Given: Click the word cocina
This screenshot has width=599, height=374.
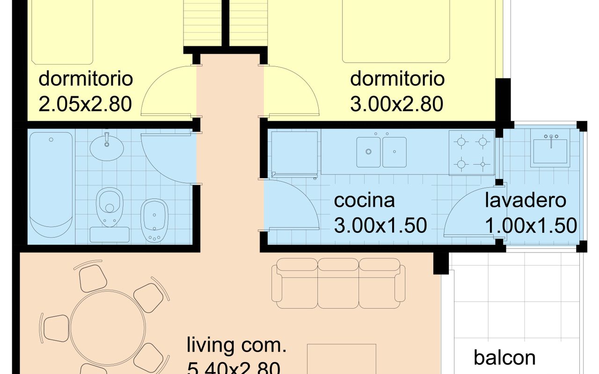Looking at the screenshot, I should (x=364, y=201).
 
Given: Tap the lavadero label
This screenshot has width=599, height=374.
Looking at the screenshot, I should (x=525, y=201).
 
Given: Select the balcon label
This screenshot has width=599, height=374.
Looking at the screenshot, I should (x=504, y=358).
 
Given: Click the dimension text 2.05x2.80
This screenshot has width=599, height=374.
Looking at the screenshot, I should (x=85, y=104).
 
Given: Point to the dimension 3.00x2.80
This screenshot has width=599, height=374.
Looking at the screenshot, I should (x=396, y=104).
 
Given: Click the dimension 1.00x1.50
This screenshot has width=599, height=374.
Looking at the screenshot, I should (x=530, y=226).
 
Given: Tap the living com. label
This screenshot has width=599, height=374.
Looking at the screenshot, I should (x=236, y=346).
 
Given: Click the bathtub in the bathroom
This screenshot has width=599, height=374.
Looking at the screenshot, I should (x=51, y=186).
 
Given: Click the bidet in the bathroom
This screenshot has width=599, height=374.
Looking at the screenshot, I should (x=154, y=220).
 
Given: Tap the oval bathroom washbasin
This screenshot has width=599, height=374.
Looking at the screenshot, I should (x=107, y=147).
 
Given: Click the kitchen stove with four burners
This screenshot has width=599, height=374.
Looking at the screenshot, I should (x=471, y=152).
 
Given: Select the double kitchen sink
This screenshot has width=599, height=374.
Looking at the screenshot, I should (x=381, y=152).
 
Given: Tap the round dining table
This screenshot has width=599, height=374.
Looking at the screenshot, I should (x=108, y=327).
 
